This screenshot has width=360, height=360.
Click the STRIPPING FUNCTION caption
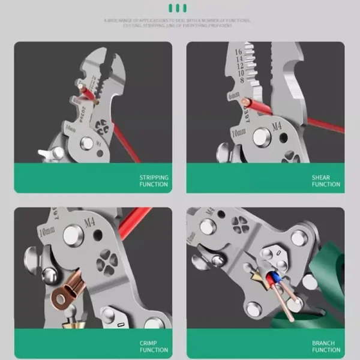(x=154, y=181)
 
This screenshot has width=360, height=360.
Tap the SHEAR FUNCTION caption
(x=325, y=181)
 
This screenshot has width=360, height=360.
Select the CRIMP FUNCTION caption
(x=154, y=346)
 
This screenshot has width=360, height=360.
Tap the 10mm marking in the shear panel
(x=238, y=131)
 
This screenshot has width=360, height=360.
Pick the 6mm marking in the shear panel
(x=234, y=96)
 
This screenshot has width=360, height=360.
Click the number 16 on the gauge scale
(x=238, y=53)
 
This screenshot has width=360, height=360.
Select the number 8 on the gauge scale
(x=242, y=80)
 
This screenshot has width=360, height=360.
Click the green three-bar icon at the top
(x=178, y=8)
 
